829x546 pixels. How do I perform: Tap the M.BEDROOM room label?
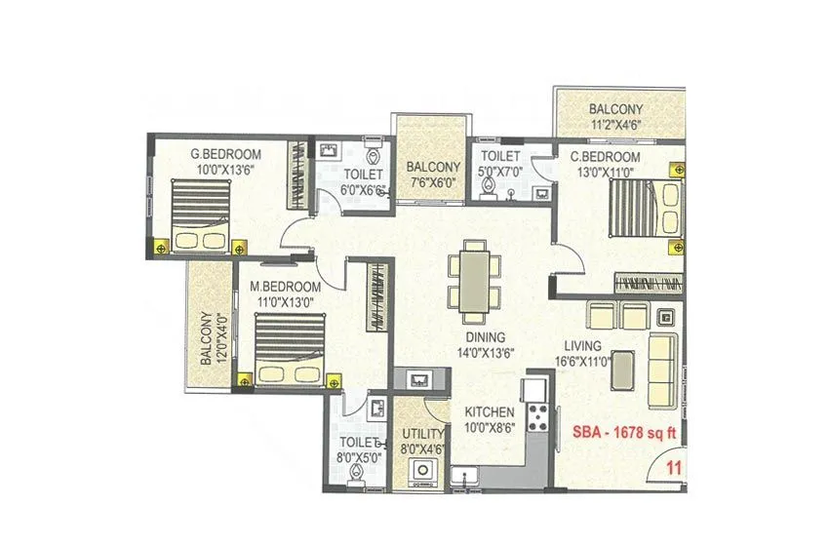tap(285, 287)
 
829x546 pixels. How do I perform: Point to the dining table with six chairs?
tap(475, 281)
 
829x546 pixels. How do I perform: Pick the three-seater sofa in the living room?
tap(664, 369)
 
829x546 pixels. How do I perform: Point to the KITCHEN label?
tap(490, 412)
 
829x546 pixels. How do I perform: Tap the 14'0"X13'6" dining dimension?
tap(488, 354)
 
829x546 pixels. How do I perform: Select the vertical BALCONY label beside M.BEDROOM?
tap(207, 338)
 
